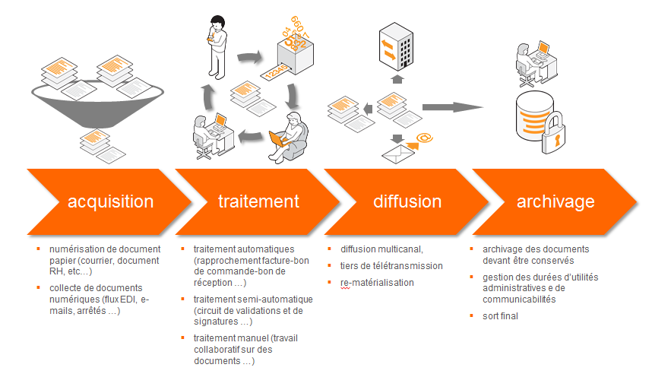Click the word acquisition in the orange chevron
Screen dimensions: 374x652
(x=110, y=201)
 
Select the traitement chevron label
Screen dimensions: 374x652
(x=258, y=201)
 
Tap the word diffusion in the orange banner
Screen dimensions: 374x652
(x=407, y=201)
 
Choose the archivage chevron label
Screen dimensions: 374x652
(x=555, y=201)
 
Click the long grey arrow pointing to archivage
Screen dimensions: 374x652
(x=454, y=106)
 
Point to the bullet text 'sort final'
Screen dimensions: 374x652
(x=501, y=315)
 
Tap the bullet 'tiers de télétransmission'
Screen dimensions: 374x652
(x=391, y=266)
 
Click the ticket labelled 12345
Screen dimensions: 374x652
(x=277, y=74)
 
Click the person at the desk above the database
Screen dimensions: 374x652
(x=533, y=58)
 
